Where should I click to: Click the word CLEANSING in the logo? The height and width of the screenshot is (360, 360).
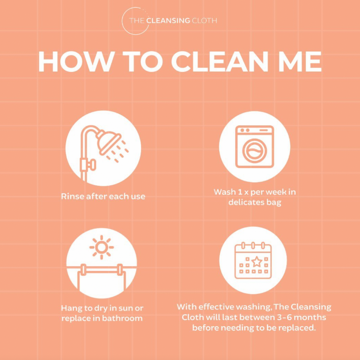[168, 21]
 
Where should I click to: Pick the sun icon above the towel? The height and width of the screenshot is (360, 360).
[102, 247]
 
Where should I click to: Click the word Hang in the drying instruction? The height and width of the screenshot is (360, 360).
[71, 308]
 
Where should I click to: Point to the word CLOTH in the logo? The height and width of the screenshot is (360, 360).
[204, 21]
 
